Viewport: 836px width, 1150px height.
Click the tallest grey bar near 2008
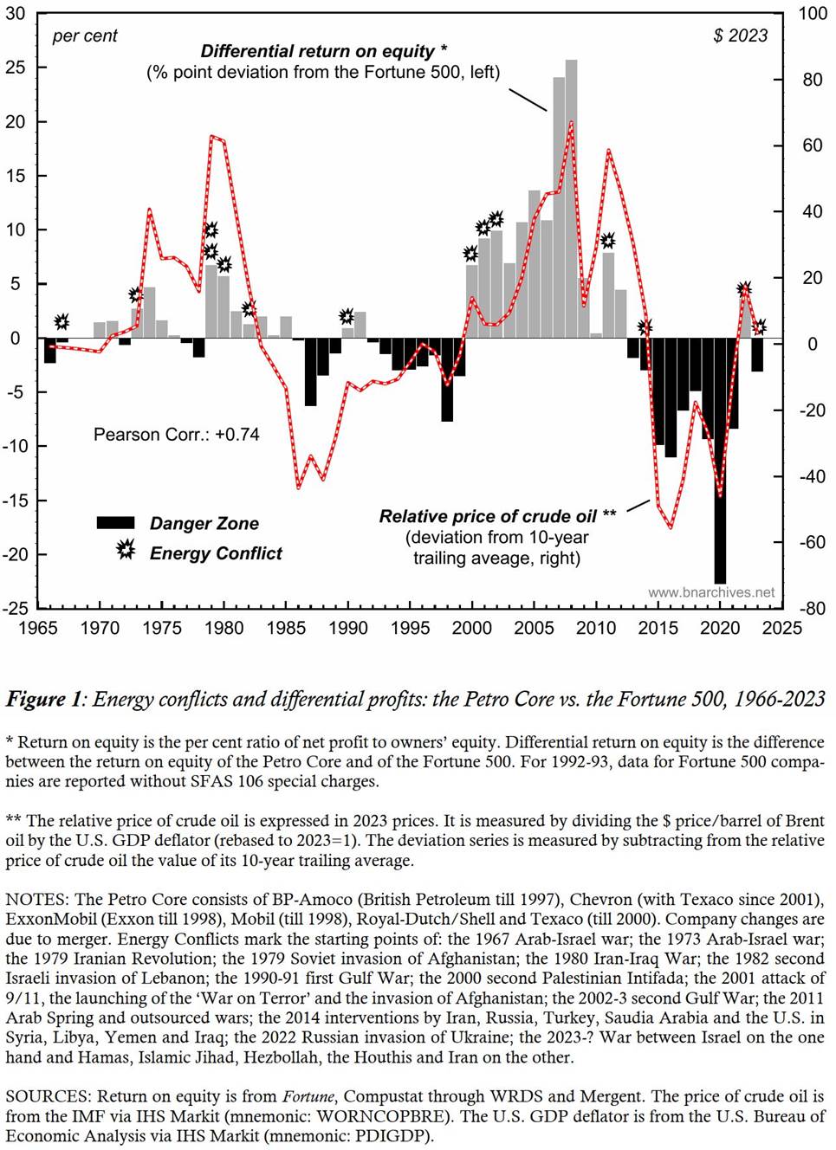(x=571, y=199)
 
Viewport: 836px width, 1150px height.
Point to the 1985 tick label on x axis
(x=286, y=628)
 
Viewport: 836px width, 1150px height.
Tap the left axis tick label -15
(x=16, y=501)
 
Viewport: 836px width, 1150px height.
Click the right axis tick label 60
(x=812, y=145)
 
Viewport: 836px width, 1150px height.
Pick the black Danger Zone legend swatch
(x=115, y=523)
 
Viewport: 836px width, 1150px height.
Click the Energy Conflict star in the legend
(x=126, y=550)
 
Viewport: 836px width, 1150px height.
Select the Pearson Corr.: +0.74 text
(x=177, y=435)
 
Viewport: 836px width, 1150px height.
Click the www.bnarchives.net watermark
(x=711, y=592)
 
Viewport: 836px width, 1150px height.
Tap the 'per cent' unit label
(x=84, y=36)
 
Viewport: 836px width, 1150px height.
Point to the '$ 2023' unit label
(x=740, y=36)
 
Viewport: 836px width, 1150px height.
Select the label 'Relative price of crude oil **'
(x=497, y=516)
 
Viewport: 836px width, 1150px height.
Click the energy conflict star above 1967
(x=62, y=322)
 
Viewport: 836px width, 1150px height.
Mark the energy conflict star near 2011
(x=608, y=240)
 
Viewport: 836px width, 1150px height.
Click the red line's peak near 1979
(x=211, y=136)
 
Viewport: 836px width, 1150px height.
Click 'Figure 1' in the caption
(x=43, y=699)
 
